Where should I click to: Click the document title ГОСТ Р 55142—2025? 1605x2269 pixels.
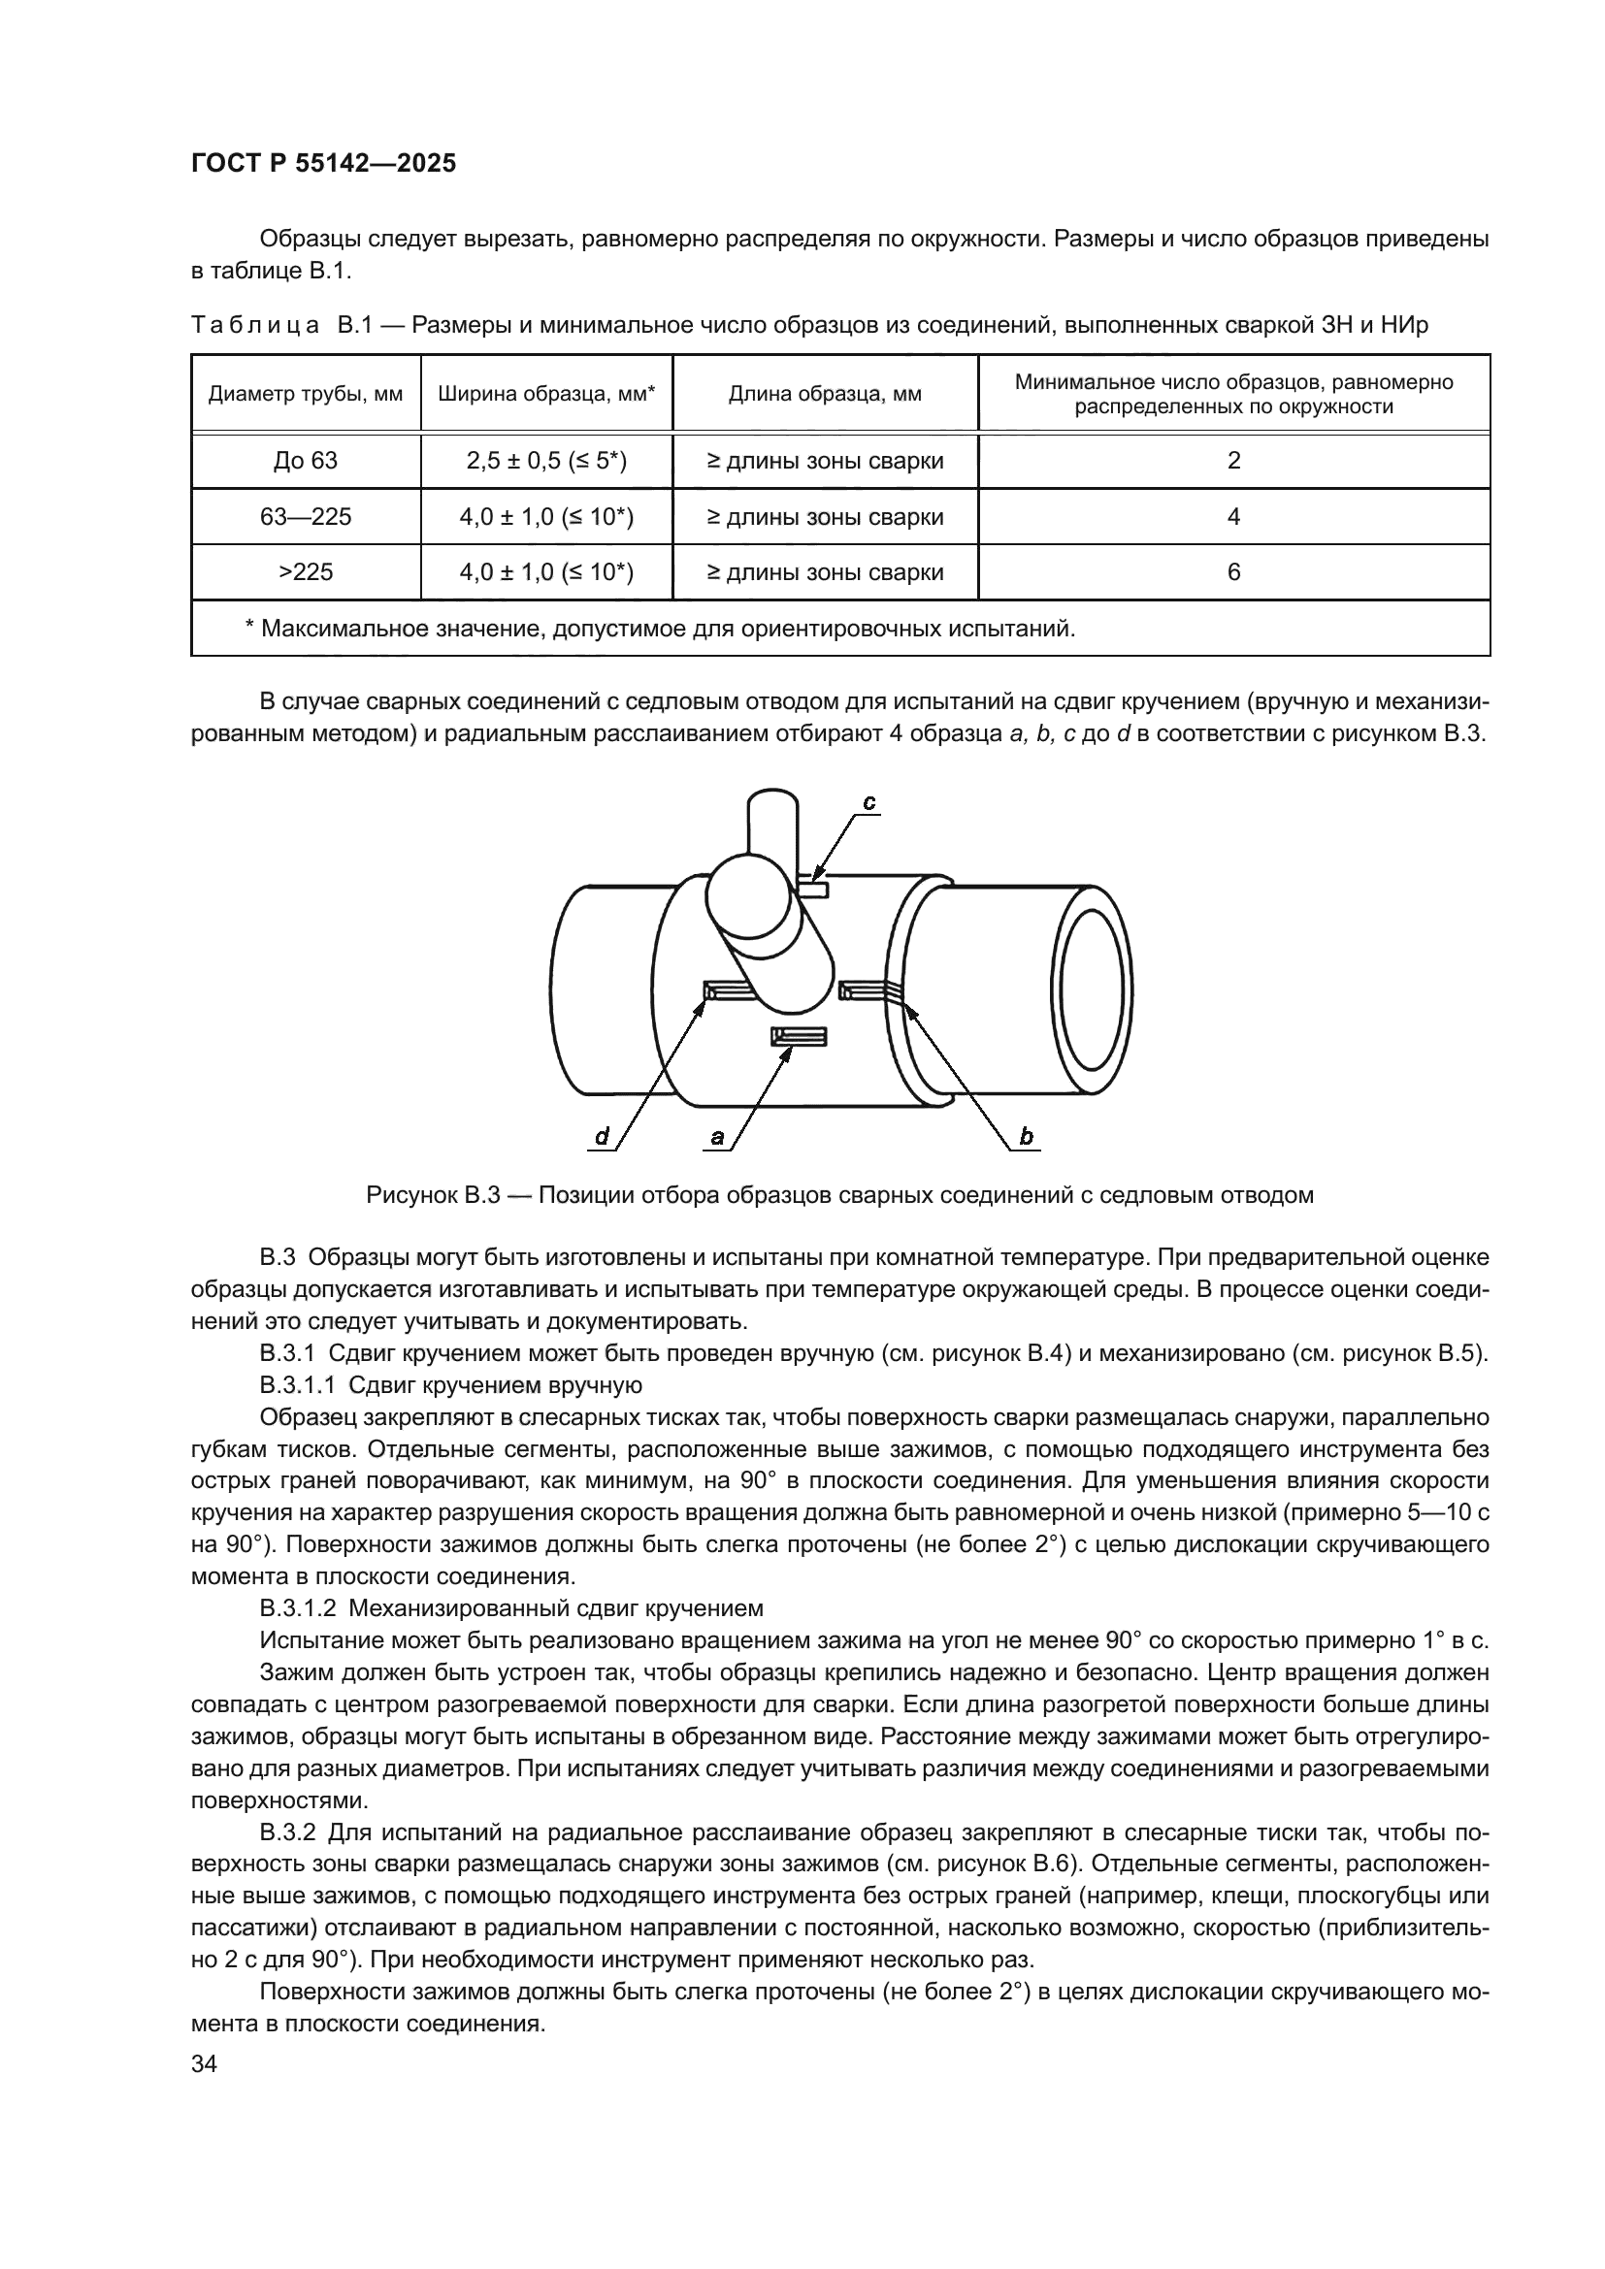[x=323, y=164]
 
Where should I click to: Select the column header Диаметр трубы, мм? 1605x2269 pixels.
[x=306, y=394]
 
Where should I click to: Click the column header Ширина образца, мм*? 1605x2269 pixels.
[x=546, y=394]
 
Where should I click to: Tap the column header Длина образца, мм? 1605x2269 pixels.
[x=825, y=394]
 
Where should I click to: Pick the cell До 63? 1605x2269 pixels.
[x=306, y=461]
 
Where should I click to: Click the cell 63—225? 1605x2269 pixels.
[x=306, y=517]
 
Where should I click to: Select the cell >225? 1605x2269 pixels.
[x=306, y=572]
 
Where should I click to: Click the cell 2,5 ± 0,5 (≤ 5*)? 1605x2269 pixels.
[x=546, y=461]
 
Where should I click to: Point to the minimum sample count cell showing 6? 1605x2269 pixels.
[x=1233, y=572]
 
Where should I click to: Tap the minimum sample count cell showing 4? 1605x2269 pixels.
[x=1233, y=517]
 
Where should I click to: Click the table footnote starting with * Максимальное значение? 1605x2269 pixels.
[x=659, y=629]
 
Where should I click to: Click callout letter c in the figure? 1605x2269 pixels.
[x=868, y=803]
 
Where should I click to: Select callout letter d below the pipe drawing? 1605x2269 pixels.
[x=602, y=1138]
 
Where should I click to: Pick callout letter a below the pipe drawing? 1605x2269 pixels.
[x=717, y=1138]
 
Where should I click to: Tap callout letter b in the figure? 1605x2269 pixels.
[x=1026, y=1138]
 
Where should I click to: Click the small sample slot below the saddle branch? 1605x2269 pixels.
[x=799, y=1036]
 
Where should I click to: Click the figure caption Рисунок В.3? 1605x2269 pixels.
[x=839, y=1195]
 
